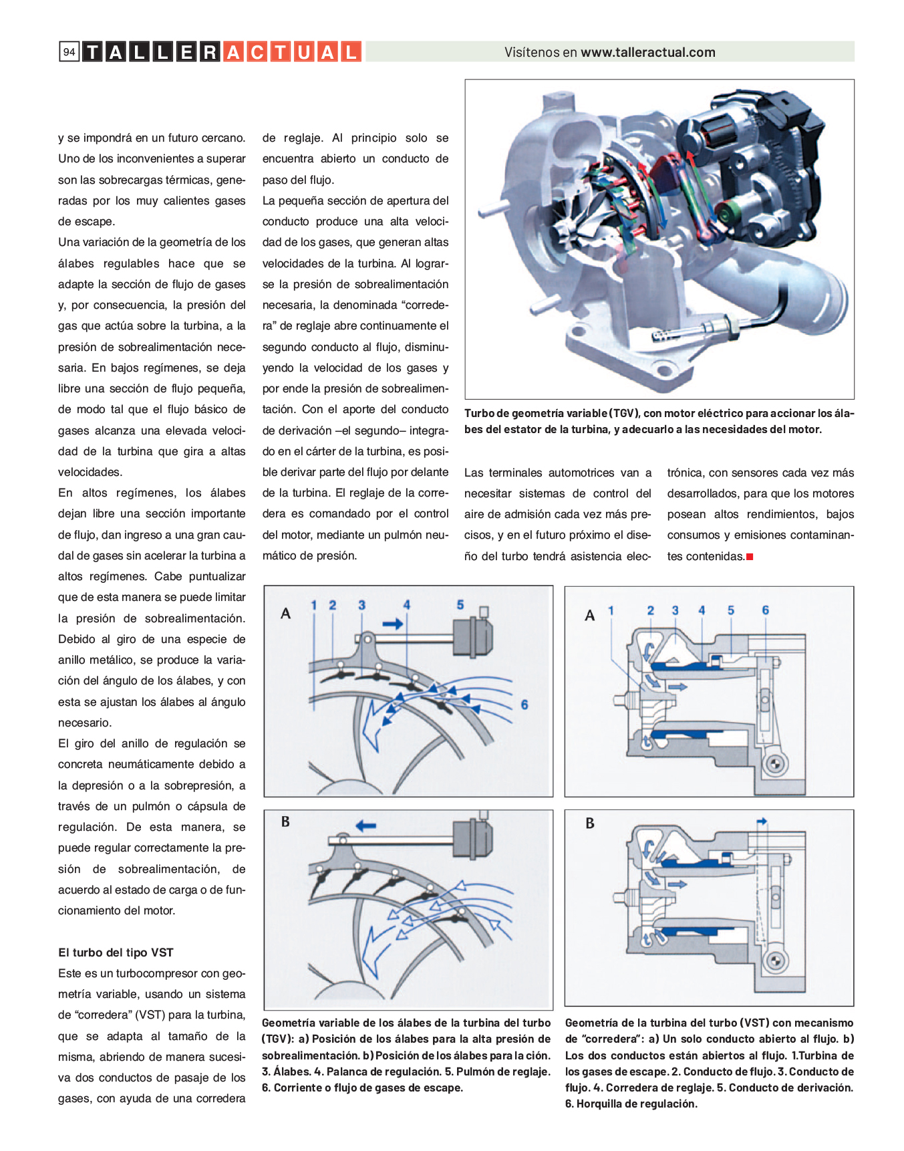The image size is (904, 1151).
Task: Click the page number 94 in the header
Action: pyautogui.click(x=69, y=52)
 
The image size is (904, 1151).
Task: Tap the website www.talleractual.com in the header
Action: pyautogui.click(x=647, y=52)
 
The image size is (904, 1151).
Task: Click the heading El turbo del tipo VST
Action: pyautogui.click(x=116, y=952)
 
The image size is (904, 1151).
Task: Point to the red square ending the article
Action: pyautogui.click(x=750, y=557)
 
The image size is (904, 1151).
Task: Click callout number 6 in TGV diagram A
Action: pyautogui.click(x=524, y=705)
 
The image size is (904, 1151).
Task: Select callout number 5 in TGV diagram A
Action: pyautogui.click(x=460, y=605)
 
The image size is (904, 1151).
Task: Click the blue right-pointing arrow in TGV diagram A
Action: pyautogui.click(x=392, y=624)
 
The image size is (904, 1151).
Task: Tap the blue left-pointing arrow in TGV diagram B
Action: pyautogui.click(x=365, y=826)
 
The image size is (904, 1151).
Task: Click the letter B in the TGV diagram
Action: pyautogui.click(x=285, y=822)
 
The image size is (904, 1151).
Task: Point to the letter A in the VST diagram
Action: pyautogui.click(x=589, y=616)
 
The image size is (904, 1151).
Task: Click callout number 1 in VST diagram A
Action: pyautogui.click(x=611, y=610)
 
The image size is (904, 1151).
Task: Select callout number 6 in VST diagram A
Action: pyautogui.click(x=765, y=610)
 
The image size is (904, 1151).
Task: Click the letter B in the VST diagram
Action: pyautogui.click(x=590, y=823)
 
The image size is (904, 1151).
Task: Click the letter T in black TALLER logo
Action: pyautogui.click(x=92, y=52)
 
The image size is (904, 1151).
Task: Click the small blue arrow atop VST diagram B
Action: pyautogui.click(x=762, y=821)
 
